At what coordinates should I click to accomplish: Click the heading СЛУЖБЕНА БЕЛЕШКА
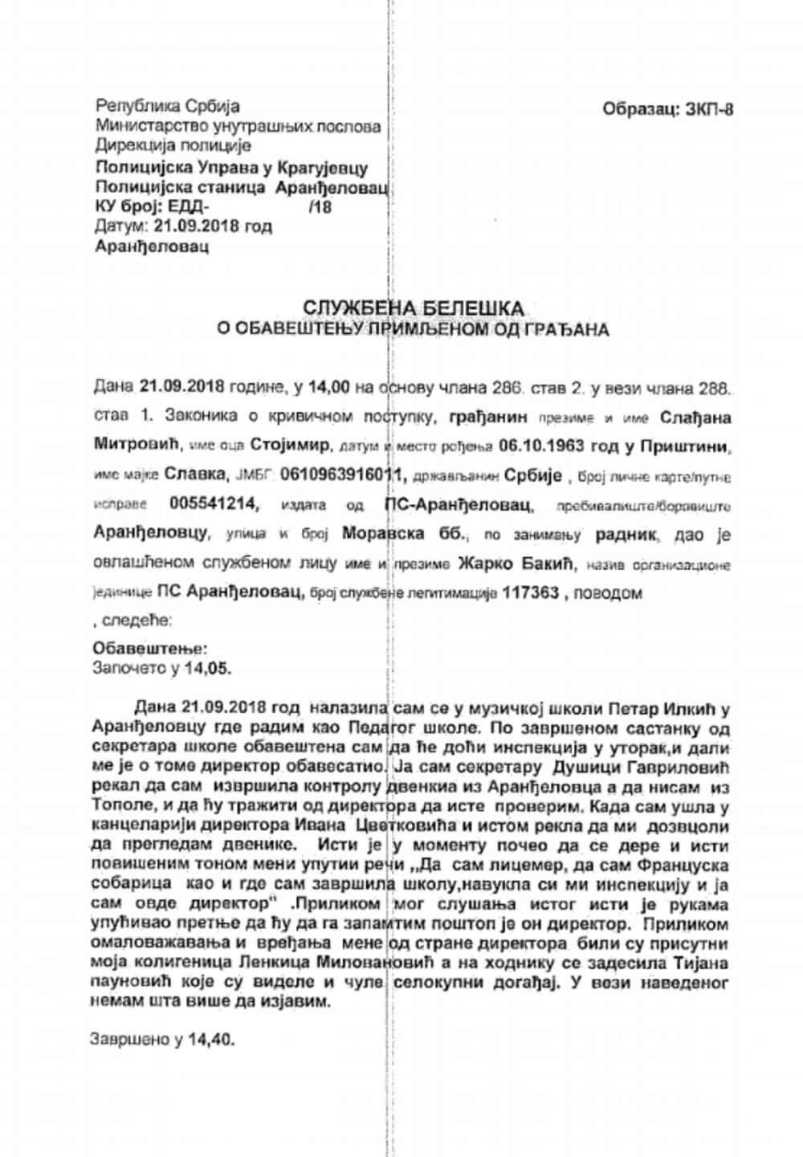pos(413,308)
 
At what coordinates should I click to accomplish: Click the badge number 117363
pos(531,593)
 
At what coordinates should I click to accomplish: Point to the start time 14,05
pos(210,666)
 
